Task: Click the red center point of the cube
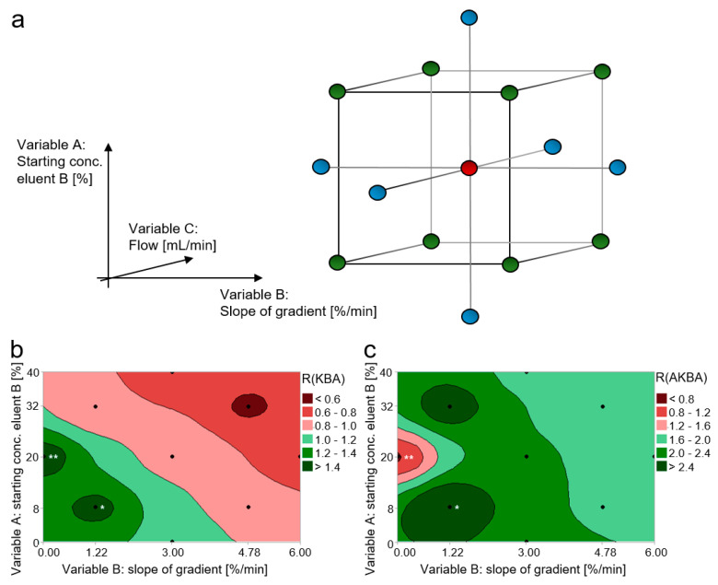469,168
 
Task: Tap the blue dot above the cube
469,17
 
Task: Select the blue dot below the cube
469,317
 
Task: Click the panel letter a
17,20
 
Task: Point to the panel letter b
16,350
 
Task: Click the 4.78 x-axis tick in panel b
249,551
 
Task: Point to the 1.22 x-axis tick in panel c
449,551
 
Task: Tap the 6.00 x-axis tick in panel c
654,551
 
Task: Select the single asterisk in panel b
102,482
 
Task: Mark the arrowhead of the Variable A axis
110,146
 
